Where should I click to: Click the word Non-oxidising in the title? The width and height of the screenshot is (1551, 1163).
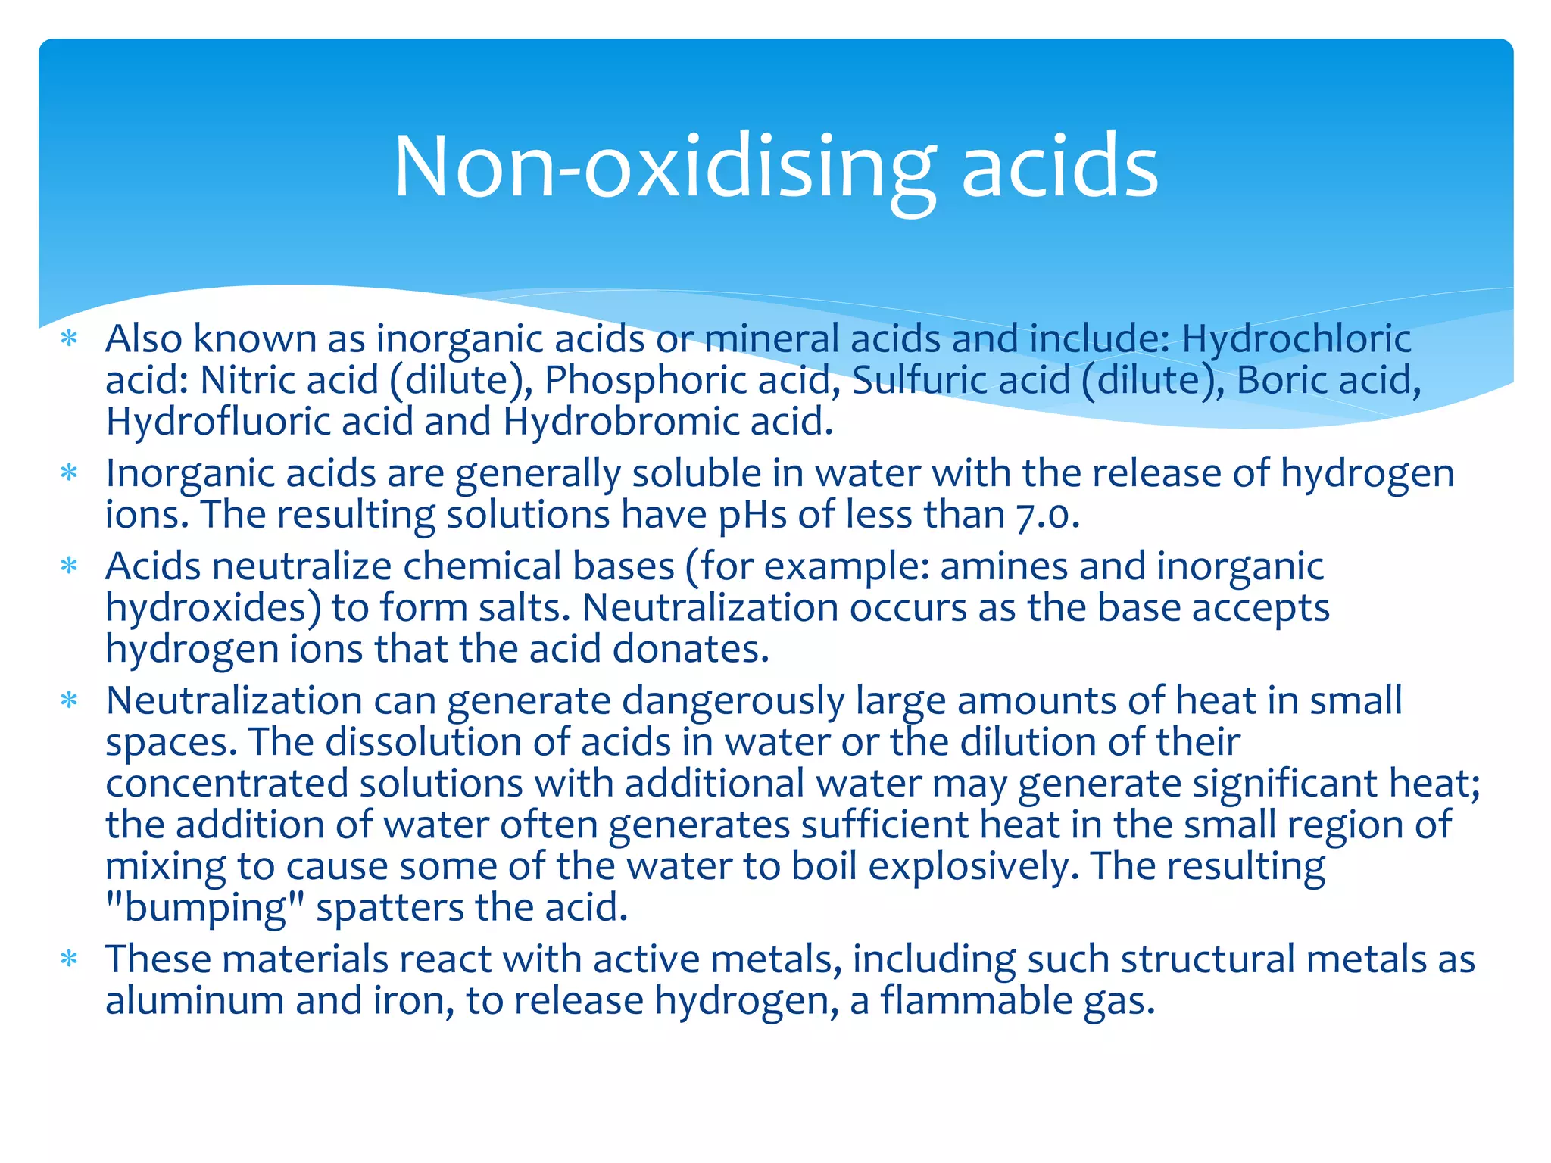point(665,167)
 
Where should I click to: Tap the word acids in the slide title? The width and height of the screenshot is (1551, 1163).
point(1059,167)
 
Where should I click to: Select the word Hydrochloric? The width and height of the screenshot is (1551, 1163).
point(1296,338)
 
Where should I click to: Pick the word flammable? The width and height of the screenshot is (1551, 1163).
point(976,1000)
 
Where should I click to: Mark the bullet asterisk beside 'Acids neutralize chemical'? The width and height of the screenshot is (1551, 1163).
point(70,566)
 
